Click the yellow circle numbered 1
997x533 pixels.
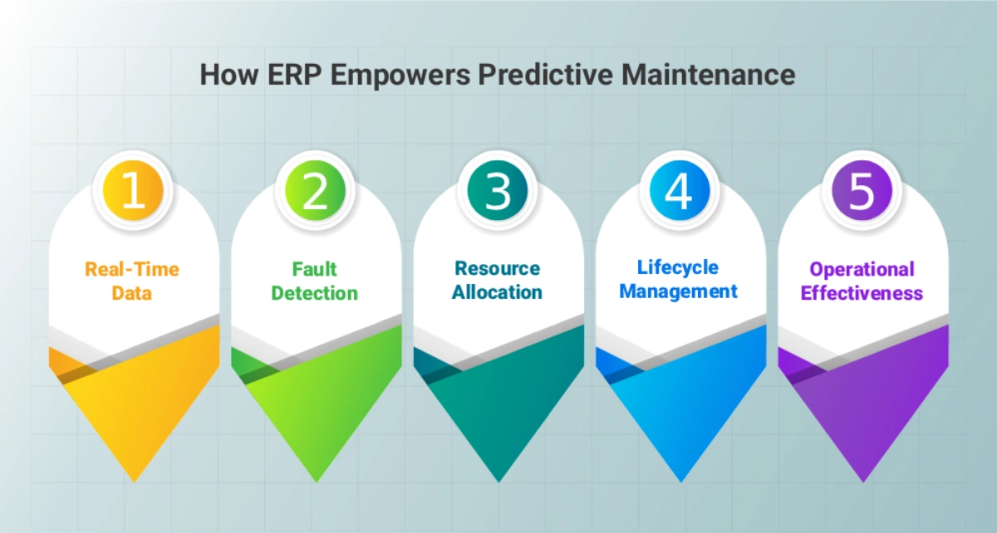point(133,190)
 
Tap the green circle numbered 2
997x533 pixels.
point(315,190)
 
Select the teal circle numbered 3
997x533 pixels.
point(498,190)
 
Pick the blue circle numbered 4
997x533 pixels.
point(680,190)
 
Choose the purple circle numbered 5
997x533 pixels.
point(862,190)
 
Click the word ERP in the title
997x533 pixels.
point(295,74)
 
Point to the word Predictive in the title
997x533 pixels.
point(545,74)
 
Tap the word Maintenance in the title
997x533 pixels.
point(708,74)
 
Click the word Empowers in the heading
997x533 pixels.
point(400,76)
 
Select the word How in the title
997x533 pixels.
point(229,74)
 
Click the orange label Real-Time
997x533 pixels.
point(132,269)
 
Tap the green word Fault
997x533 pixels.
point(315,269)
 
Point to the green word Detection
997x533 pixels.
point(315,293)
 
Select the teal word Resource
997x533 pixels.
point(498,268)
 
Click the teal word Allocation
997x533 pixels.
point(497,292)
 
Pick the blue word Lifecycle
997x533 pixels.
point(678,268)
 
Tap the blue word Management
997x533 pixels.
point(678,292)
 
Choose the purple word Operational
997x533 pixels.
point(862,270)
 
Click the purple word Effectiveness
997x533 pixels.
point(862,293)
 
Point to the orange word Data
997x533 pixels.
point(132,293)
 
